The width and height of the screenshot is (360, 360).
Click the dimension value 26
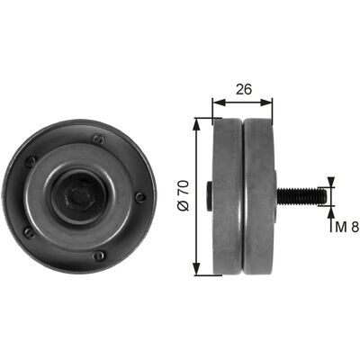click(243, 89)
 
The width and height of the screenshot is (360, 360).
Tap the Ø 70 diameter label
click(184, 195)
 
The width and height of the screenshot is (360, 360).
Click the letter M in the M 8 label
click(341, 227)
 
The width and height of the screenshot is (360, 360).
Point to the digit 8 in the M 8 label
click(355, 227)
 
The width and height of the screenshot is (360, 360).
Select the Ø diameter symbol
click(184, 206)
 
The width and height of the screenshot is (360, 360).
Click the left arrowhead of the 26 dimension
click(219, 103)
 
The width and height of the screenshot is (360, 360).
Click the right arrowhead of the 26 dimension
click(266, 103)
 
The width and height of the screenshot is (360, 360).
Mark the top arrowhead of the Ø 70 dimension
click(196, 124)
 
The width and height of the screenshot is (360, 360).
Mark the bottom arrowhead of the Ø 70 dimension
click(196, 268)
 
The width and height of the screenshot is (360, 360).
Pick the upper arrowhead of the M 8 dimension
click(331, 182)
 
